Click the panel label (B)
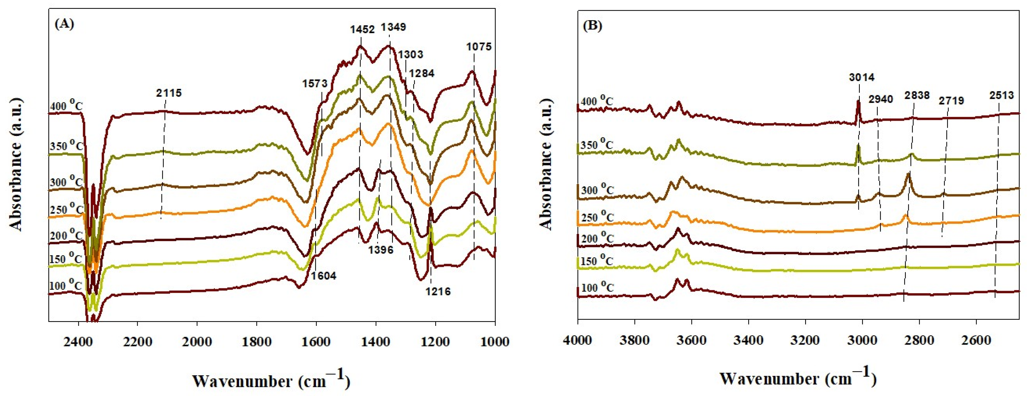592,26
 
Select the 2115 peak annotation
169,93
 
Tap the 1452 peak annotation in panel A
362,29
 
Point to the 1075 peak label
479,47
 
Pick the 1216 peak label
438,292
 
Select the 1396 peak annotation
380,250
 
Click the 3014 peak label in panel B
861,77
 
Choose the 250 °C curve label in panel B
597,217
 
